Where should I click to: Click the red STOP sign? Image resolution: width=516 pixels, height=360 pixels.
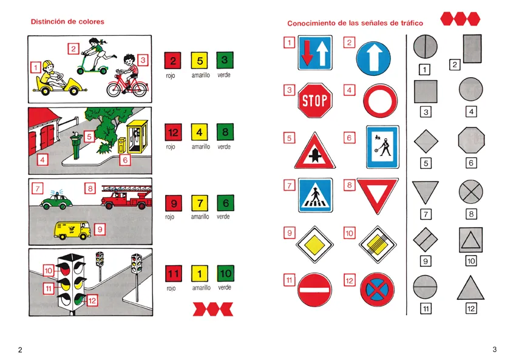[x=315, y=100]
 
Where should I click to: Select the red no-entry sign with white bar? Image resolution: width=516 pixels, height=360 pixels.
[x=314, y=290]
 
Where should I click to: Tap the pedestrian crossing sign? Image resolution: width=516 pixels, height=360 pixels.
[x=315, y=195]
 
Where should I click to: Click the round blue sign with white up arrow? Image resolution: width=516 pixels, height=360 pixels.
[x=373, y=58]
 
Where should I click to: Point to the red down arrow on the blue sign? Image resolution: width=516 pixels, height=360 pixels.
[x=307, y=52]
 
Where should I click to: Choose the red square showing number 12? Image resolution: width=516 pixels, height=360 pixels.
[x=173, y=132]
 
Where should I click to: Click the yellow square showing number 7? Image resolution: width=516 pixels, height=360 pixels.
[x=200, y=203]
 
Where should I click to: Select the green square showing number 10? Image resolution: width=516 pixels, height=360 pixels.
[x=225, y=273]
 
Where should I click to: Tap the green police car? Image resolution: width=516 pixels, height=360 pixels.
[x=56, y=200]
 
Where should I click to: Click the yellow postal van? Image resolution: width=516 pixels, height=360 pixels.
[x=72, y=230]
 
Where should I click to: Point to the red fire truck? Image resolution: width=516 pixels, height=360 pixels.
[x=127, y=197]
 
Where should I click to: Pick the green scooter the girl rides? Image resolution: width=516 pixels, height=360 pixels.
[x=92, y=64]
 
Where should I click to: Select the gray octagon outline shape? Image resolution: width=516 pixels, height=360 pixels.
[x=471, y=140]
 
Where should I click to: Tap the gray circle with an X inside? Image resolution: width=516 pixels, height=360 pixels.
[x=471, y=191]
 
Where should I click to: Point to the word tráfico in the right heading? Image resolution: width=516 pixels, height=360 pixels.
[x=412, y=23]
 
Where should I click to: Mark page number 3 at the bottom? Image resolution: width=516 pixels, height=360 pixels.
[x=494, y=350]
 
